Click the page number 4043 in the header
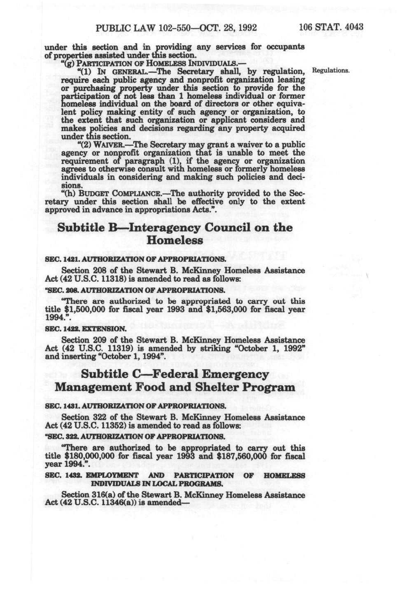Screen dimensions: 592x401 click(353, 27)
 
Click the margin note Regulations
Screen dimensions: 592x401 click(331, 71)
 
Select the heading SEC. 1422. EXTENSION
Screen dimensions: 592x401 click(85, 328)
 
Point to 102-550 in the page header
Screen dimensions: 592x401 click(172, 28)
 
